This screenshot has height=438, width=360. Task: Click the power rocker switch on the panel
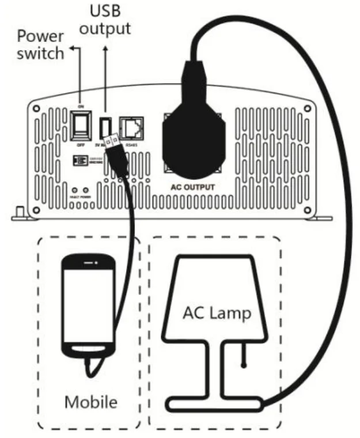pos(79,123)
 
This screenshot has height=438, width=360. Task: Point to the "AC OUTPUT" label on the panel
pos(193,187)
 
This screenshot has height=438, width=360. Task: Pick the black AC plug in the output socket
pos(193,135)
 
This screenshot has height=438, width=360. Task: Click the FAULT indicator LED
pos(74,190)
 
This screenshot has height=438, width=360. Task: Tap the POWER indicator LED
pos(86,190)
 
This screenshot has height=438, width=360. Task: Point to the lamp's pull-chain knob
pos(244,364)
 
